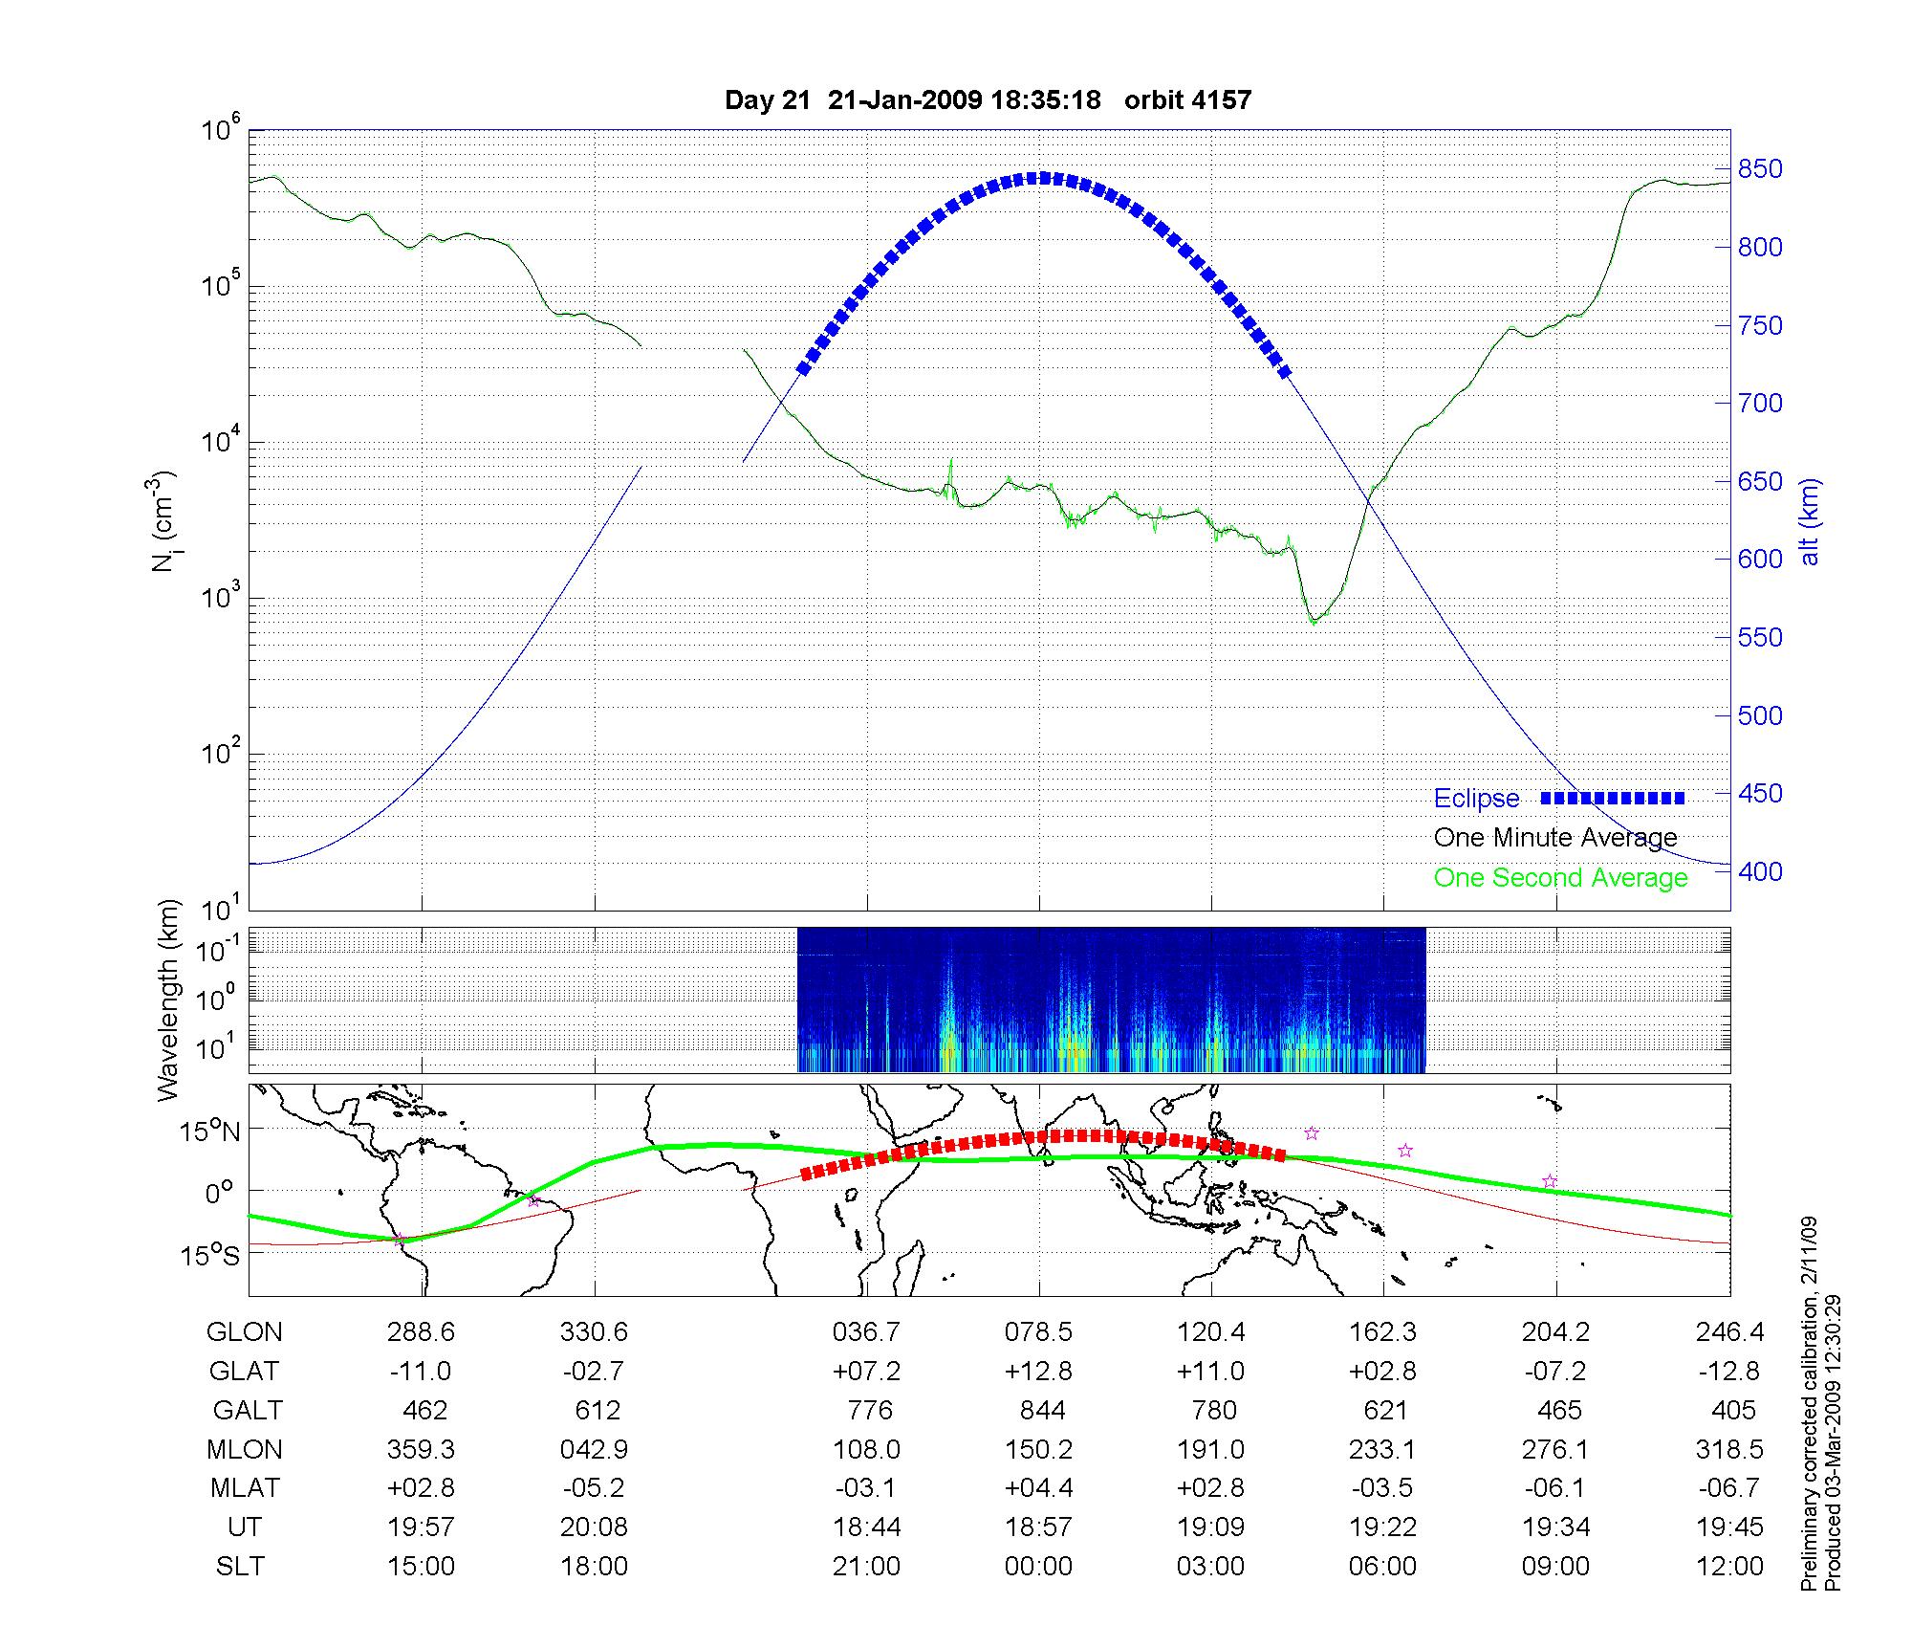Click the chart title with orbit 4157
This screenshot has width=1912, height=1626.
tap(988, 100)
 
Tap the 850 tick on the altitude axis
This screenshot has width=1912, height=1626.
tap(1760, 169)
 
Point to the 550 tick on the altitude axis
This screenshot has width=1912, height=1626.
tap(1760, 638)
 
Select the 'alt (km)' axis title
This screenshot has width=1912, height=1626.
tap(1810, 521)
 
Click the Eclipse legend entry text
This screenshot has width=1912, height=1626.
tap(1476, 799)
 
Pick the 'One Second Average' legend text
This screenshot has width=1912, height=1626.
tap(1560, 878)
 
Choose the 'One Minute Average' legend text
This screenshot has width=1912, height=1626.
tap(1555, 838)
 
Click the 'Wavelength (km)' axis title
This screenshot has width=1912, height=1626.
tap(169, 1000)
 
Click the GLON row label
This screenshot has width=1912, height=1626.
tap(245, 1332)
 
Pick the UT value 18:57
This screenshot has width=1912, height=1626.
tap(1039, 1527)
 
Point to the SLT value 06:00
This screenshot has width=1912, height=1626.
tap(1382, 1567)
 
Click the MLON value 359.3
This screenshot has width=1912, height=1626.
tap(421, 1450)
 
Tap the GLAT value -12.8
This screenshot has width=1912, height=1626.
tap(1728, 1372)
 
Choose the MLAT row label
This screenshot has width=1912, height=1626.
tap(246, 1488)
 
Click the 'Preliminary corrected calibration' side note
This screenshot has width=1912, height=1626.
tap(1809, 1404)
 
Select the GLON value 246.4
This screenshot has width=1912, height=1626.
tap(1728, 1332)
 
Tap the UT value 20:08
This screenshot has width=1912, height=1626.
tap(594, 1527)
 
